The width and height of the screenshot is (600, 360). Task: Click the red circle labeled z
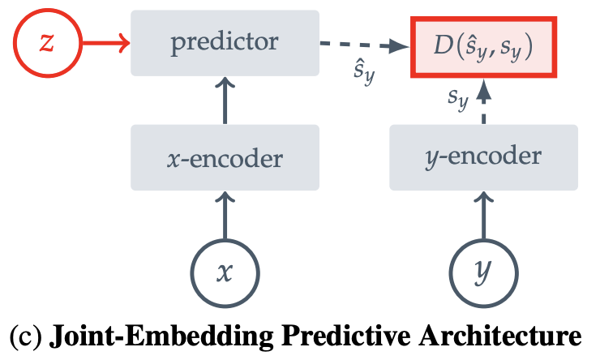coord(46,41)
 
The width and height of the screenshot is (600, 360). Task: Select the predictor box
coord(225,41)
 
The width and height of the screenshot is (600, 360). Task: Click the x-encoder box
coord(225,158)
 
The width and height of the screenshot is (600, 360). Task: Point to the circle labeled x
coord(225,272)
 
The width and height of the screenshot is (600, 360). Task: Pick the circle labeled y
coord(484,272)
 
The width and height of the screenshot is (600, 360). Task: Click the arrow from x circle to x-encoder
coord(225,215)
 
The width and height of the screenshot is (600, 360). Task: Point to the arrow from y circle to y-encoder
coord(484,215)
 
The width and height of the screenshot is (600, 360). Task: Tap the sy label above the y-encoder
coord(459,99)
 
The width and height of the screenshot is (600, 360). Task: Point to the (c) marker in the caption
coord(23,336)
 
